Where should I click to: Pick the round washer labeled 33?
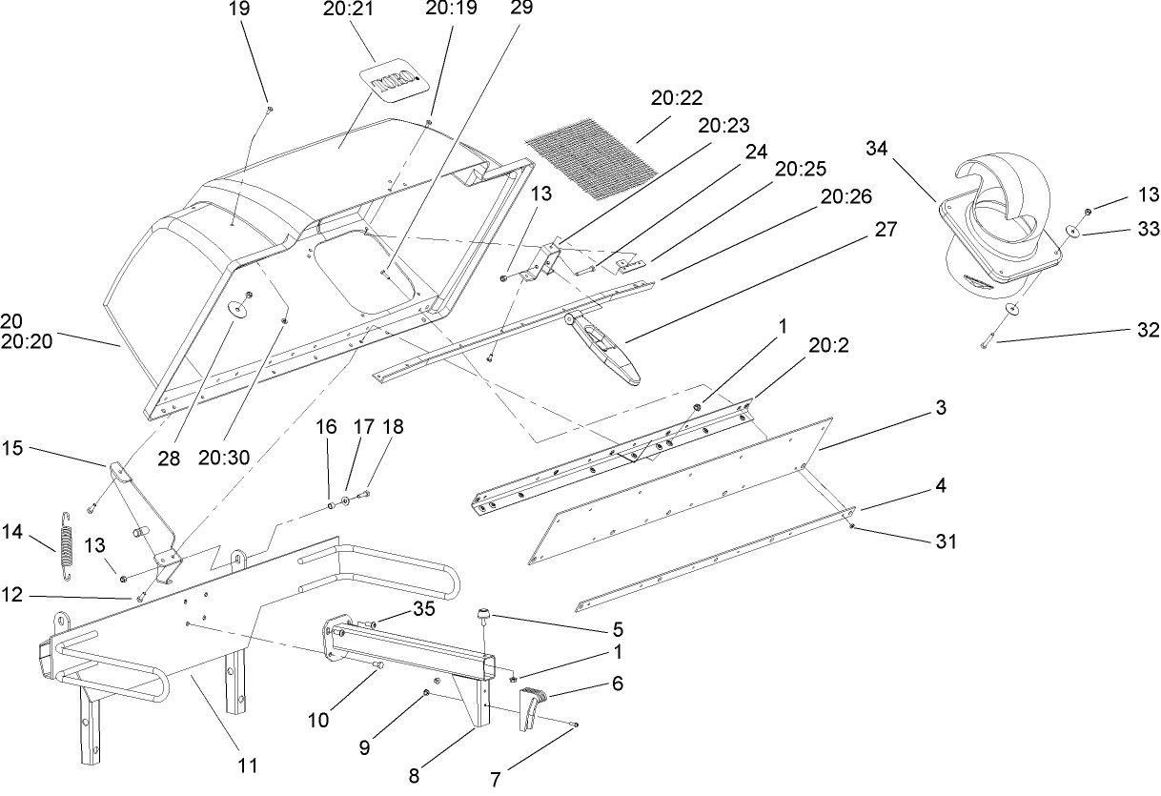click(x=1073, y=232)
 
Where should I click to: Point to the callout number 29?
click(x=521, y=8)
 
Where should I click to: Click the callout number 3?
click(x=940, y=408)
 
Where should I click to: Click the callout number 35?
click(x=424, y=607)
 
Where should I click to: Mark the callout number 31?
click(x=945, y=541)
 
